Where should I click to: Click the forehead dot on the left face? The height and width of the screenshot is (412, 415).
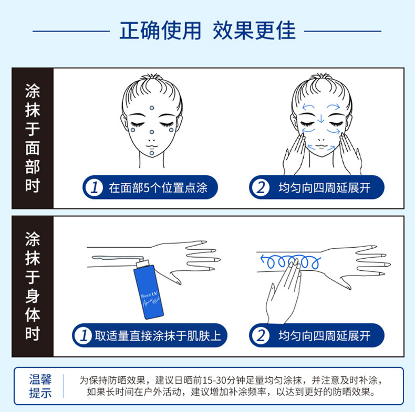point(152,108)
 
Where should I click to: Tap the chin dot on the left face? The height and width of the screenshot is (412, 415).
point(152,153)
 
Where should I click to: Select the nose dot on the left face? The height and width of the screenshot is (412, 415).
point(152,132)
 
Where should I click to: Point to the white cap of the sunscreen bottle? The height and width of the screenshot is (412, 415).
point(143,263)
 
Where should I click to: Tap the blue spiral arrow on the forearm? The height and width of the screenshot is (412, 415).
point(290,261)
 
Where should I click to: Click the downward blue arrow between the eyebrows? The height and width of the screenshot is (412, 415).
point(321,119)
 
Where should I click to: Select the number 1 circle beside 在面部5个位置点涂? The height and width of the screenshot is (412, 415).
point(95,187)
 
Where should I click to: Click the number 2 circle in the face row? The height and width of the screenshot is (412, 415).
point(261,187)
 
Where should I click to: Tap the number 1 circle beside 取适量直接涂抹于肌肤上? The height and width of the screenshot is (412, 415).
point(84,335)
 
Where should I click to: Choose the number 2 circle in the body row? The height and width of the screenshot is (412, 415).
point(261,335)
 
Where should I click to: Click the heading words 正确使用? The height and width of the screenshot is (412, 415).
point(160,30)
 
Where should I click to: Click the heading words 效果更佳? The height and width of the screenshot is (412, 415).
point(254,30)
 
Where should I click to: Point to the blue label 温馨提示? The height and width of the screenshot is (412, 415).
point(40,386)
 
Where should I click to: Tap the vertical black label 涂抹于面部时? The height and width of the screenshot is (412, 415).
point(33,138)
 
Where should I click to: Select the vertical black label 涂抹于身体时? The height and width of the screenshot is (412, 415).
point(33,286)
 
